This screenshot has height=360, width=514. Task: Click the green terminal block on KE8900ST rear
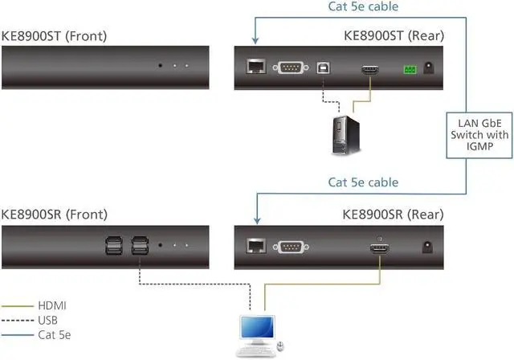point(411,70)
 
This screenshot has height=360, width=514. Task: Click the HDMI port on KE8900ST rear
point(370,71)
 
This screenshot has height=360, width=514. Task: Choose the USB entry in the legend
point(48,319)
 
